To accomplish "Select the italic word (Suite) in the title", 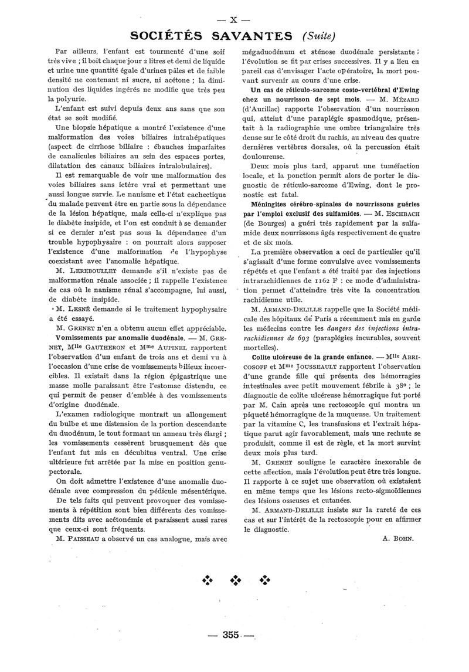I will point(319,36).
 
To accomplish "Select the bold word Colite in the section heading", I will point(264,356).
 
